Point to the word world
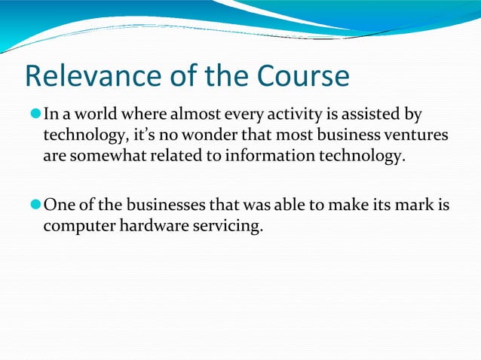pyautogui.click(x=93, y=116)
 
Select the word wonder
pyautogui.click(x=199, y=136)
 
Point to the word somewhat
pyautogui.click(x=101, y=157)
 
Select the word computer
pyautogui.click(x=76, y=226)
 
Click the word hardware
pyautogui.click(x=146, y=226)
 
